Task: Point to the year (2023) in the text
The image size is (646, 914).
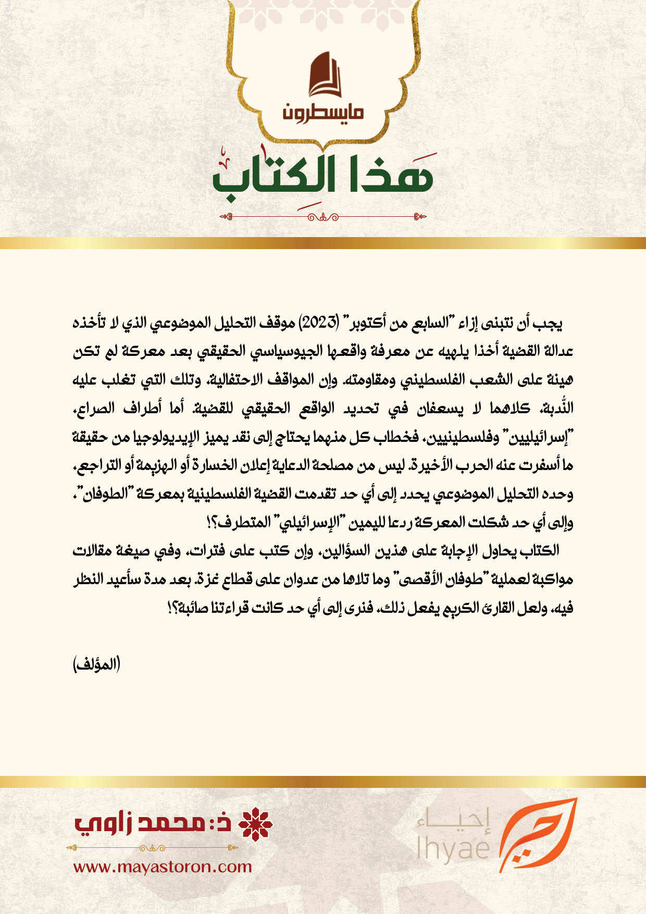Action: click(319, 324)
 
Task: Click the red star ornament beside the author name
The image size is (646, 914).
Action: click(255, 824)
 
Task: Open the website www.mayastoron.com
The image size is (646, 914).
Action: click(163, 867)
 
